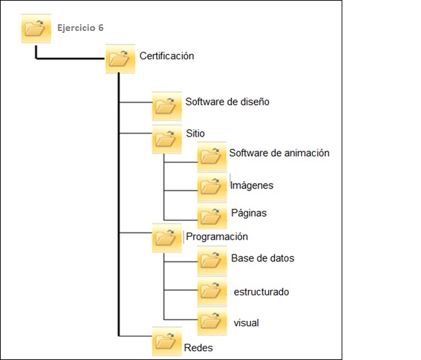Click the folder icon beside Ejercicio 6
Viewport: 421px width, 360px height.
click(36, 28)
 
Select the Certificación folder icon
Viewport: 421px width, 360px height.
click(120, 59)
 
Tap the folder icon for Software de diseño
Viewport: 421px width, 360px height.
click(167, 106)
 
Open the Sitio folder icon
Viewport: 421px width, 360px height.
click(167, 139)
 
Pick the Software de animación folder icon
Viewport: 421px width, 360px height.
click(212, 157)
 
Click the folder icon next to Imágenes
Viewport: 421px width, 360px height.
click(212, 187)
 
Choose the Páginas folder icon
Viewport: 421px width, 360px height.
click(212, 216)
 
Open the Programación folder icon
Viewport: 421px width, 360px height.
click(167, 238)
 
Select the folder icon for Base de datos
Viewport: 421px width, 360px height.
click(212, 260)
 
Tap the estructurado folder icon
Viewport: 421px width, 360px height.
click(212, 291)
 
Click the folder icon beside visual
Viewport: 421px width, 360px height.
click(212, 322)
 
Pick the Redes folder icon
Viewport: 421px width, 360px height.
click(167, 341)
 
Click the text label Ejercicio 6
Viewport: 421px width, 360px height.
click(81, 28)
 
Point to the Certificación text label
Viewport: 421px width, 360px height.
click(167, 56)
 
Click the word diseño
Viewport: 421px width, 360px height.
click(255, 102)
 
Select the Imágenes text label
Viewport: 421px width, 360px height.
click(252, 185)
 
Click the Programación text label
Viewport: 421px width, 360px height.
click(217, 237)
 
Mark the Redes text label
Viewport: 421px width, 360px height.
click(198, 348)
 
